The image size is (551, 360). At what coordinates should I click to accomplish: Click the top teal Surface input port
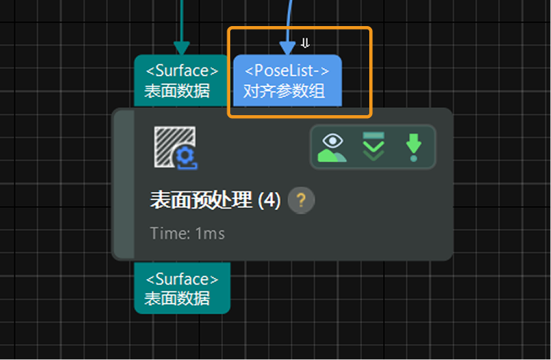click(182, 81)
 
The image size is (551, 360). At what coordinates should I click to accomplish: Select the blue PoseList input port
click(287, 81)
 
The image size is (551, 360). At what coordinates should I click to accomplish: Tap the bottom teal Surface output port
click(182, 288)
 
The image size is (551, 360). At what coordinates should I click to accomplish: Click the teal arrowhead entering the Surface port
click(182, 47)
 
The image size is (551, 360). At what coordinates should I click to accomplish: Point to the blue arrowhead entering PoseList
click(288, 48)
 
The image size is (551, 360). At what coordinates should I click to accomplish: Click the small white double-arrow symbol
click(306, 43)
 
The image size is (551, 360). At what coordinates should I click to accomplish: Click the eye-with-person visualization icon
click(332, 147)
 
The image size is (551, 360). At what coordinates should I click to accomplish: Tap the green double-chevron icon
click(374, 147)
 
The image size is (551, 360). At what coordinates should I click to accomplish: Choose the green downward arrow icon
click(413, 147)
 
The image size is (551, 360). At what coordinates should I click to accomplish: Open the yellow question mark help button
click(301, 201)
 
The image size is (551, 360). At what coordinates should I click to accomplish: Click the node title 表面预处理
click(201, 201)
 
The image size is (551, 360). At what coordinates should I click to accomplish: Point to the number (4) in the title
click(269, 201)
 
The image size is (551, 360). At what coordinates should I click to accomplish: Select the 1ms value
click(210, 233)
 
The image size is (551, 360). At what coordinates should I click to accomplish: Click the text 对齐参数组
click(284, 92)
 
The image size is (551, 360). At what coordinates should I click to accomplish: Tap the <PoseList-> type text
click(287, 71)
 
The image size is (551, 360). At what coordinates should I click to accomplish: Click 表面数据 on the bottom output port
click(177, 298)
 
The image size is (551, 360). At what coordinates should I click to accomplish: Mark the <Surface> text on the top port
click(182, 71)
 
